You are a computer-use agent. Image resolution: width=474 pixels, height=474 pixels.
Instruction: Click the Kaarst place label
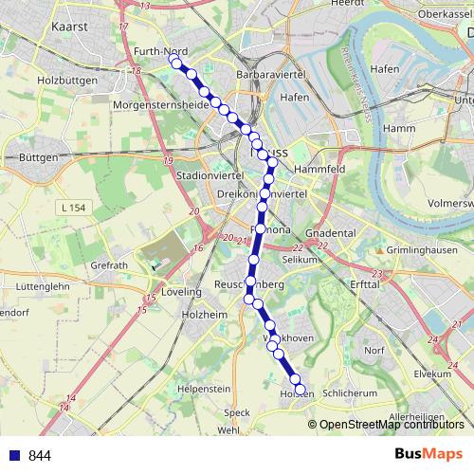[x=71, y=27]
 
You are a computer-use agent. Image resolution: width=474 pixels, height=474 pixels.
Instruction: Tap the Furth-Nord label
[x=160, y=53]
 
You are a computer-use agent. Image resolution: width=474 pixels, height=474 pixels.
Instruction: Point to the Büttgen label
[x=39, y=155]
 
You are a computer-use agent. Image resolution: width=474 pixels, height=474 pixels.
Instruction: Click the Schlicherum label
[x=350, y=392]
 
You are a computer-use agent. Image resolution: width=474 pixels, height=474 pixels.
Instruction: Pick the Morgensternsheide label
[x=160, y=104]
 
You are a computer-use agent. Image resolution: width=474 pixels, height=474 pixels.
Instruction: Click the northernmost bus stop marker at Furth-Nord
[x=173, y=61]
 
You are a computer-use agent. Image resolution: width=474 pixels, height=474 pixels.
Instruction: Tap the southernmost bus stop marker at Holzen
[x=301, y=390]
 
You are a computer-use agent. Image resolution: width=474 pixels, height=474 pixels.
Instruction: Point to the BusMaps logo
[x=428, y=454]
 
